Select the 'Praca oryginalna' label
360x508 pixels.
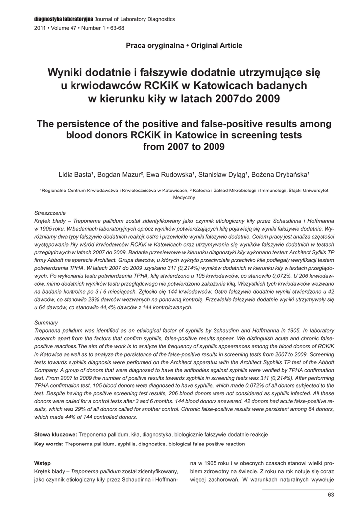[152, 46]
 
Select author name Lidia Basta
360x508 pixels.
[74, 175]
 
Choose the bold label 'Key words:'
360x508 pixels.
[48, 444]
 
